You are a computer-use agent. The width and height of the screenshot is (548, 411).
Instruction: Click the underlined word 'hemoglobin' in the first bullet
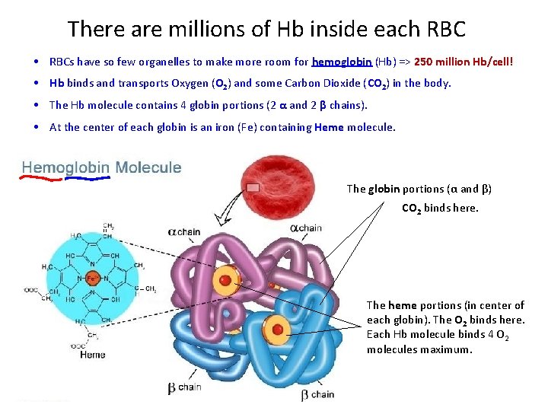342,62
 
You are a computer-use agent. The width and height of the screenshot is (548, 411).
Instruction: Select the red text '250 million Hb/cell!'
464,62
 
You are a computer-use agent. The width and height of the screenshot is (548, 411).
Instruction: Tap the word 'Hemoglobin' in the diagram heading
65,167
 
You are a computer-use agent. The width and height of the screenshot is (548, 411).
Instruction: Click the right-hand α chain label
307,228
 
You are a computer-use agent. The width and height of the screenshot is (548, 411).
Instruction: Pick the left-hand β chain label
184,387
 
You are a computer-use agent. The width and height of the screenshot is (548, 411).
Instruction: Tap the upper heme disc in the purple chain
225,280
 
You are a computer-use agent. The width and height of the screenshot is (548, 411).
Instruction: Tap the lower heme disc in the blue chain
277,330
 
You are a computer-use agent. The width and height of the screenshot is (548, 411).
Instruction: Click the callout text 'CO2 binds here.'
440,206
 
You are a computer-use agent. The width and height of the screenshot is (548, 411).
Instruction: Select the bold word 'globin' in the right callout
385,189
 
